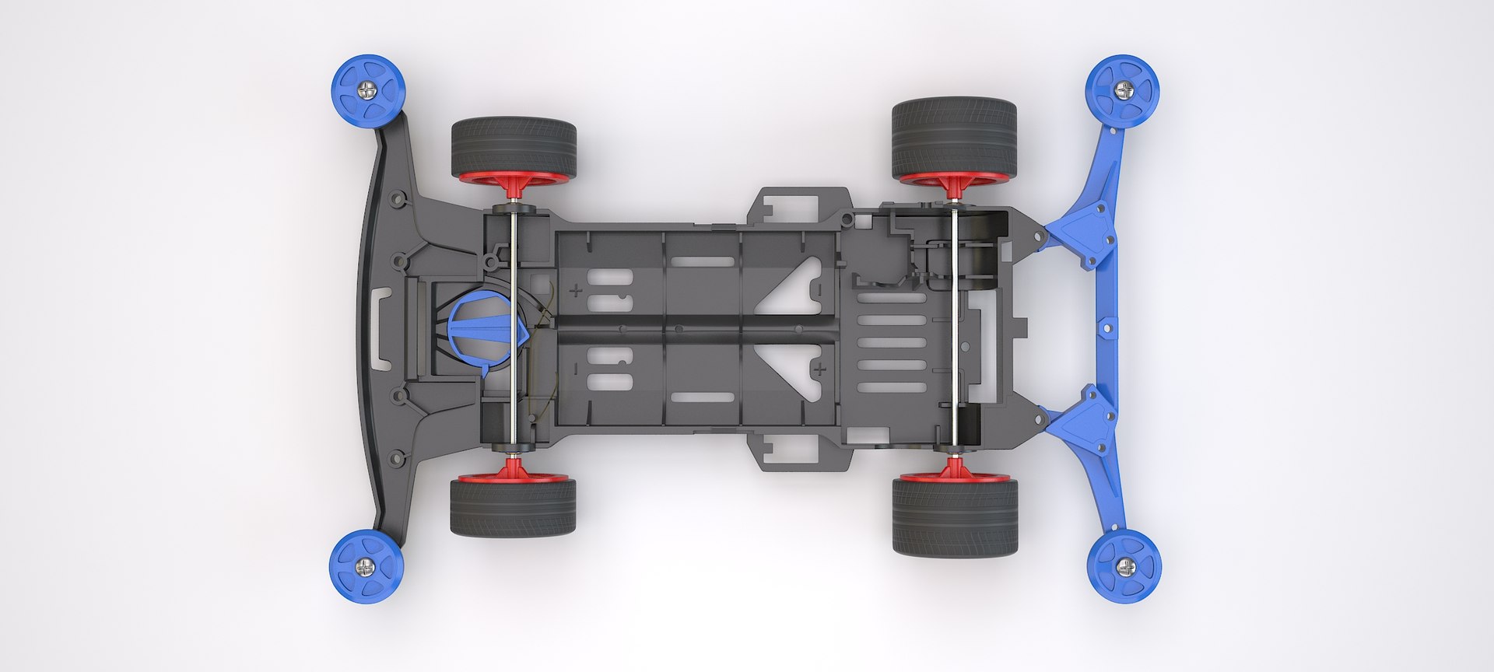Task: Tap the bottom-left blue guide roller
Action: tap(366, 565)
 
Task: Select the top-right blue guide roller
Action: tap(1123, 91)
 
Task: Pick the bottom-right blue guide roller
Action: tap(1124, 566)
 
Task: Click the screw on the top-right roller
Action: tap(1123, 90)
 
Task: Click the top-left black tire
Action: tap(513, 145)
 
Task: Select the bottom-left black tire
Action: tap(513, 507)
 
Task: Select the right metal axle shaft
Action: tap(954, 327)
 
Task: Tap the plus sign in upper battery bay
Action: tap(576, 291)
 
